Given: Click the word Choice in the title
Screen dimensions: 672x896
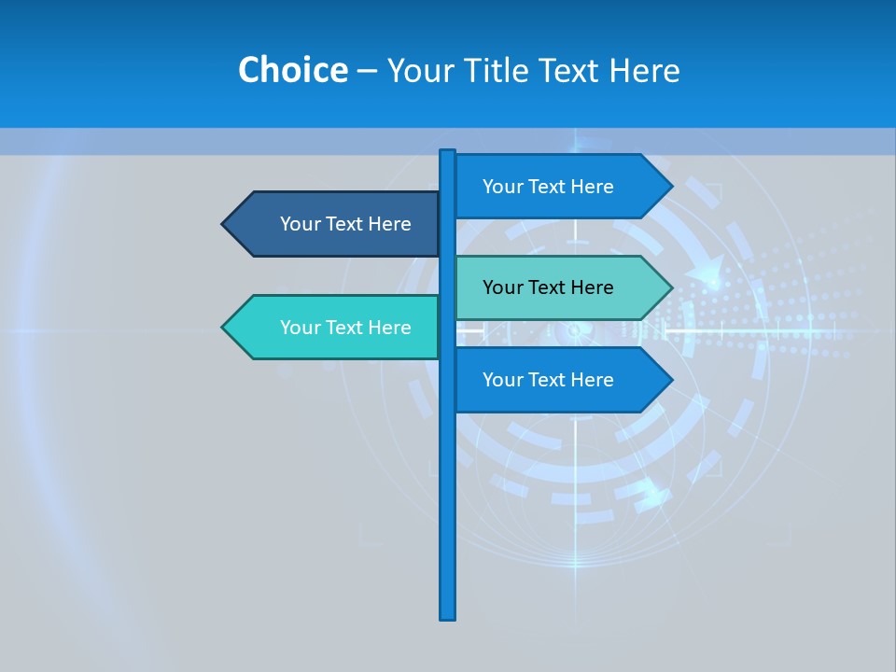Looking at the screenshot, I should (x=292, y=70).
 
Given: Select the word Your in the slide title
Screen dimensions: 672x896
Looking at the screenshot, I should (x=418, y=71).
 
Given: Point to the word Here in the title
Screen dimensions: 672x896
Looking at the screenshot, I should (x=644, y=71).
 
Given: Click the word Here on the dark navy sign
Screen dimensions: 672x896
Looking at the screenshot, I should (x=389, y=224).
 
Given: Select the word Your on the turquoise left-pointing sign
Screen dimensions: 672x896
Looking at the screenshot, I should (x=299, y=328).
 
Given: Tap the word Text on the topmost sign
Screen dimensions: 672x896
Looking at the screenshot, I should (x=548, y=187).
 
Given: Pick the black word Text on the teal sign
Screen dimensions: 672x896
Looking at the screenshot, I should (x=548, y=287).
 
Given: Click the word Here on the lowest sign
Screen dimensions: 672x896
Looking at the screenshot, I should (x=592, y=380).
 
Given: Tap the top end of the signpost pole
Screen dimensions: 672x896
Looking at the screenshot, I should (x=448, y=153).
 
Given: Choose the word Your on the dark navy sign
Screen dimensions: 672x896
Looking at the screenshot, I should (x=299, y=224).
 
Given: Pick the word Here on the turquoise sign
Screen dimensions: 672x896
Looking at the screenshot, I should (x=389, y=328).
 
